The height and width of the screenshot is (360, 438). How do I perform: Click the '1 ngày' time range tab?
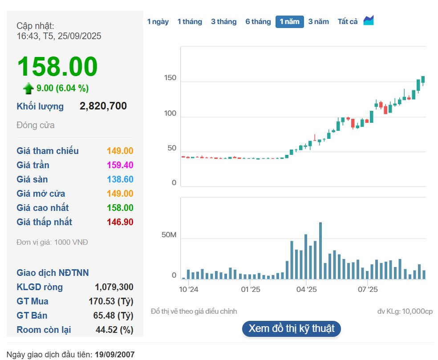pyautogui.click(x=158, y=21)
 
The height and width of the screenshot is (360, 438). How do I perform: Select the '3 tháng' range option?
pyautogui.click(x=223, y=21)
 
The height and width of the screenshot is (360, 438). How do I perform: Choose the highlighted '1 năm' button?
pyautogui.click(x=289, y=21)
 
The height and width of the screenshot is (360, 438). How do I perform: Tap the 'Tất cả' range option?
pyautogui.click(x=348, y=21)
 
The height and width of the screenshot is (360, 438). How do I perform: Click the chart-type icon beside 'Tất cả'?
pyautogui.click(x=369, y=20)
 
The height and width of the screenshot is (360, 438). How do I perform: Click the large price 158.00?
pyautogui.click(x=57, y=67)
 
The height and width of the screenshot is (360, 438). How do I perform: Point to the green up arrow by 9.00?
pyautogui.click(x=28, y=89)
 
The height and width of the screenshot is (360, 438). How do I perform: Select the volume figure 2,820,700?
pyautogui.click(x=103, y=106)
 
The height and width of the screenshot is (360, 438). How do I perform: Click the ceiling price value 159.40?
pyautogui.click(x=120, y=165)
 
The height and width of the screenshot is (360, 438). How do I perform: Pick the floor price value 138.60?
pyautogui.click(x=120, y=179)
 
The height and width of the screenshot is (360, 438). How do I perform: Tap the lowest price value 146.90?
pyautogui.click(x=120, y=222)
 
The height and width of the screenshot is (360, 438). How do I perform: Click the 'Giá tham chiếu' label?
pyautogui.click(x=48, y=151)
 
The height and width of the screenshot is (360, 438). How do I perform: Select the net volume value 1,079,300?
pyautogui.click(x=114, y=287)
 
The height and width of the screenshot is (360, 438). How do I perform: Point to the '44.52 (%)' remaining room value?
pyautogui.click(x=114, y=330)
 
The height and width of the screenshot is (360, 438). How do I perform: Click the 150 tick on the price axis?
pyautogui.click(x=170, y=78)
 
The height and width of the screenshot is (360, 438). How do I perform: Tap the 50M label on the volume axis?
pyautogui.click(x=169, y=235)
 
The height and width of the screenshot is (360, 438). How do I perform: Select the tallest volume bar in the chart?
pyautogui.click(x=320, y=251)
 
